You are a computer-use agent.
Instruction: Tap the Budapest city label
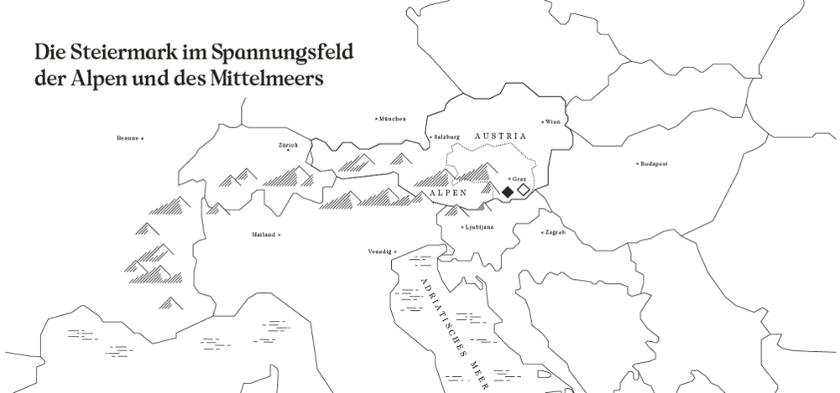[654, 163]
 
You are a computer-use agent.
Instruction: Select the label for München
[393, 119]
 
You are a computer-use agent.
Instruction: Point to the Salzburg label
[446, 137]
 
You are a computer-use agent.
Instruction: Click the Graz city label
[519, 178]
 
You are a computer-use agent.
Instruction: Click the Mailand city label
[263, 235]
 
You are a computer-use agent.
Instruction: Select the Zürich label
[288, 145]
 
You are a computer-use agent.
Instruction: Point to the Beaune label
[128, 137]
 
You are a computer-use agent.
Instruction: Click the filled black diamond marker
[508, 192]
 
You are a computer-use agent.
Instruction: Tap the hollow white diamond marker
[524, 191]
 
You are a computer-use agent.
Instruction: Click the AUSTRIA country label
[499, 136]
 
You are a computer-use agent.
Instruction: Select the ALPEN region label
[448, 193]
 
